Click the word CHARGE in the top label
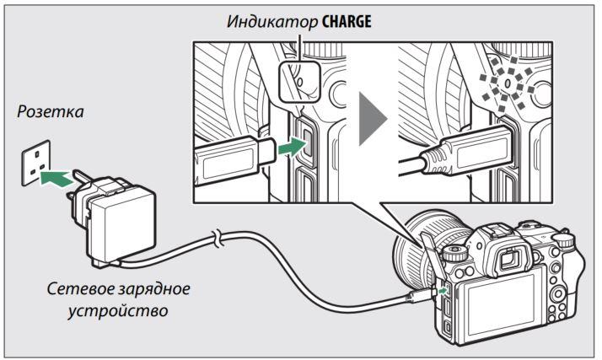coord(347,22)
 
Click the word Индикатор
coord(271,22)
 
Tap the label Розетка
coord(51,111)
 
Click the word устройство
coord(118,310)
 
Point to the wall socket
coord(35,163)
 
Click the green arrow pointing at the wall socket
coord(56,179)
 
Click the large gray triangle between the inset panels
coord(373,119)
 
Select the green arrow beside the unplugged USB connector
coord(293,147)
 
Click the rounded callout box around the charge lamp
coord(299,82)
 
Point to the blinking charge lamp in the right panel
coord(508,83)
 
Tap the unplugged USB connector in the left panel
coord(234,159)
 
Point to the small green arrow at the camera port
coord(443,291)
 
